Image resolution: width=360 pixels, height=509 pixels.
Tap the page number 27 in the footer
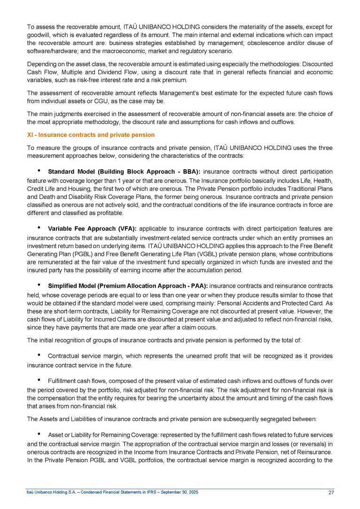click(331, 492)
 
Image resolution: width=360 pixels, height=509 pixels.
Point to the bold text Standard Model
click(70, 171)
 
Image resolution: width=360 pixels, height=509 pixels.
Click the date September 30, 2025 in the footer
click(172, 492)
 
